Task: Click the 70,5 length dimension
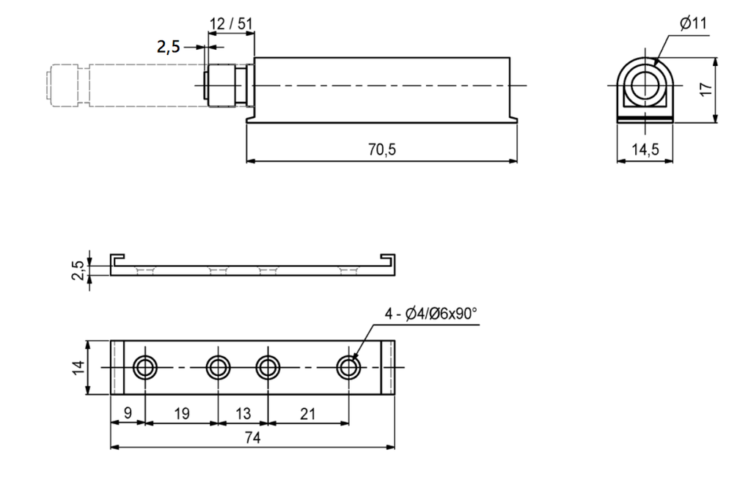pos(381,149)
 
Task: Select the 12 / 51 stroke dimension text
pos(231,23)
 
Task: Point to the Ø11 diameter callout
pos(693,23)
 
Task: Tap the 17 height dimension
pos(706,89)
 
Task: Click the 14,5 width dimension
pos(645,149)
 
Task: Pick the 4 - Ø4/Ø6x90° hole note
pos(431,314)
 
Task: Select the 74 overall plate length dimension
pos(252,437)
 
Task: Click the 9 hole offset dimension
pos(128,413)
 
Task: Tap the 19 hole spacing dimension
pos(182,413)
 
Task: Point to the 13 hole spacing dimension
pos(243,413)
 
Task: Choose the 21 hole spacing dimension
pos(307,413)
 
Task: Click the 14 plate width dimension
pos(79,367)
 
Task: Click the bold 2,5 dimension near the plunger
pos(168,47)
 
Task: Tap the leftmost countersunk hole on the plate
pos(144,368)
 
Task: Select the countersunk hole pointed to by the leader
pos(348,368)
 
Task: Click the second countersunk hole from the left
pos(218,368)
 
